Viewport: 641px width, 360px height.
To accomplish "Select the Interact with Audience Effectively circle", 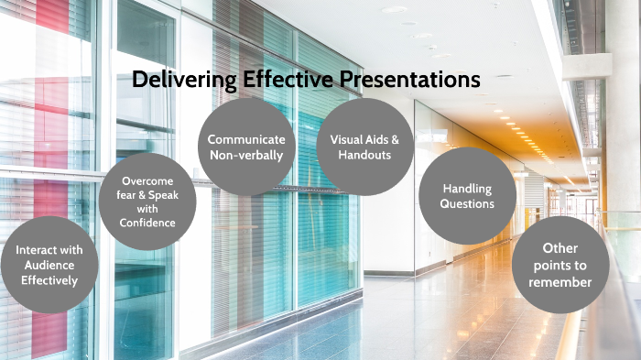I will coord(49,265).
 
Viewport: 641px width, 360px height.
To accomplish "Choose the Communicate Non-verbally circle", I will coord(245,147).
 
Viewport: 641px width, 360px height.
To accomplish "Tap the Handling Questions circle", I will coord(467,196).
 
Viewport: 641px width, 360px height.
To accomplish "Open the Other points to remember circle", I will coord(560,265).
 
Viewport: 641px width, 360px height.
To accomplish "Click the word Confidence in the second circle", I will coord(147,223).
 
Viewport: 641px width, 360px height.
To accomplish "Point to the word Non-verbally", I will coord(245,155).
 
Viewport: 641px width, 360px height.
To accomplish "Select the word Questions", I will coord(467,204).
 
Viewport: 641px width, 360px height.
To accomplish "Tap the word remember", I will coord(560,282).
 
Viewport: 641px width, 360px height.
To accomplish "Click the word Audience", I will coord(49,265).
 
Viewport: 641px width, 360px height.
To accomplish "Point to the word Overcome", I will coord(147,181).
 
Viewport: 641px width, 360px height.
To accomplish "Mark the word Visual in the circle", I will coord(346,139).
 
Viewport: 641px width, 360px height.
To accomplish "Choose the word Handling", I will coord(467,189).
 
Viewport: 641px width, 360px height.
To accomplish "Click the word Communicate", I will coord(245,139).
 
